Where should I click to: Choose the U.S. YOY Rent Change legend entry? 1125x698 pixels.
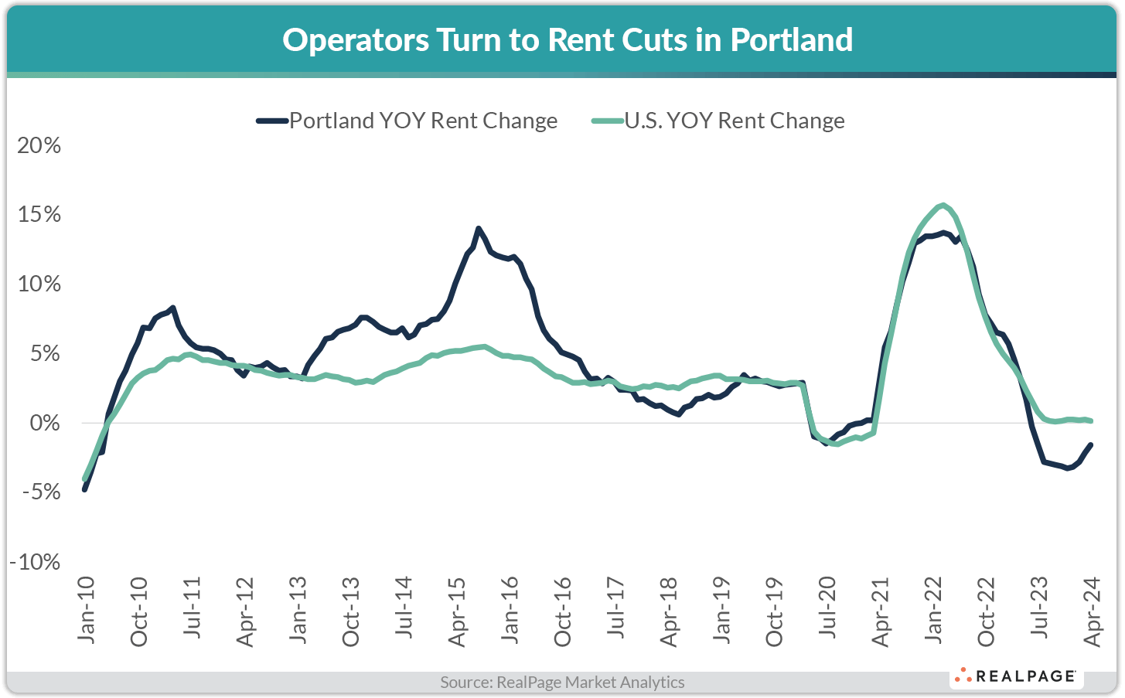point(719,121)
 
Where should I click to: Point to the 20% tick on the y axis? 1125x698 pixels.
point(39,145)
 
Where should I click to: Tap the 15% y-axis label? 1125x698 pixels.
point(39,214)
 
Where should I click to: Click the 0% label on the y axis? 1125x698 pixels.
point(45,423)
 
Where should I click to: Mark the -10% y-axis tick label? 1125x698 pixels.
point(36,562)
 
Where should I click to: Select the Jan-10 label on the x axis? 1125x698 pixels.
point(86,610)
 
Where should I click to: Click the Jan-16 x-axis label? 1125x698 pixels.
point(510,610)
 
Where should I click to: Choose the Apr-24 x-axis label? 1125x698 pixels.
point(1092,611)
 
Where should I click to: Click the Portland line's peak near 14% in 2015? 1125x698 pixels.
point(479,229)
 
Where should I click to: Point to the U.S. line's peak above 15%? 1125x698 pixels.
point(943,205)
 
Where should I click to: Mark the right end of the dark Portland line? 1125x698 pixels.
point(1090,444)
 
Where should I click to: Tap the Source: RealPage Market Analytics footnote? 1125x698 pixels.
point(562,683)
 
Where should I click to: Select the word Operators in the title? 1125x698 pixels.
point(355,39)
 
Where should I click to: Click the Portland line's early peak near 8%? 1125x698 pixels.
point(173,308)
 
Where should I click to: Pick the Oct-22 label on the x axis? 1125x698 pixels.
point(986,611)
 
